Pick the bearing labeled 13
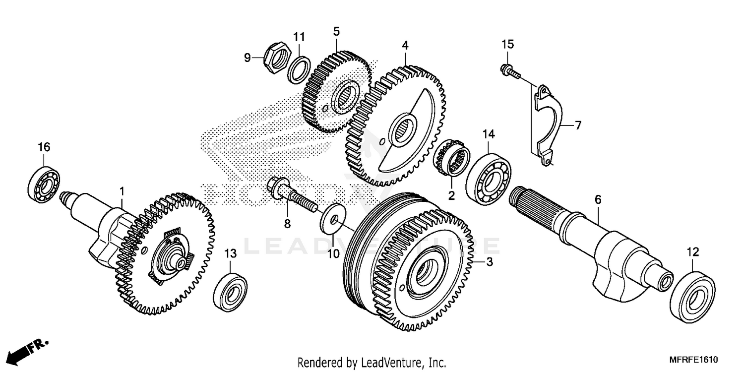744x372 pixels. pos(230,292)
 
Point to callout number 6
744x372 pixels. pos(598,200)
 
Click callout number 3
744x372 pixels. pos(489,263)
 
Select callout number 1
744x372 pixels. pos(122,190)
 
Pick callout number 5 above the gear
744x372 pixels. pos(336,32)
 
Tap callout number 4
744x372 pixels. pos(405,45)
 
